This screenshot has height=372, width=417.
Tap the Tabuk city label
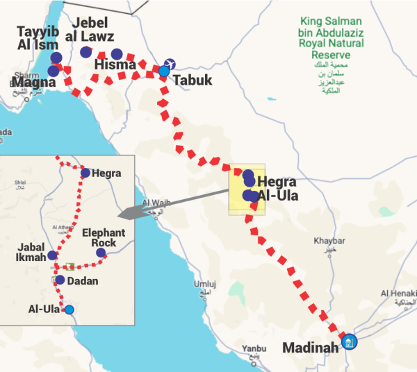coord(192,81)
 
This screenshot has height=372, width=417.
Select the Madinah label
coord(311,346)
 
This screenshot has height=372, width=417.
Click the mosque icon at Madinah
coord(350,342)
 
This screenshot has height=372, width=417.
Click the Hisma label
coord(113,66)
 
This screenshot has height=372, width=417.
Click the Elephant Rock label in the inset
coord(104,238)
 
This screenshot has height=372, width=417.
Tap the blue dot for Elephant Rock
coord(101,253)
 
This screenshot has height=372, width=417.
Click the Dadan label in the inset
coord(83,281)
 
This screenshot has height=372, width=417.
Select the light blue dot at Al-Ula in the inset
coord(69,310)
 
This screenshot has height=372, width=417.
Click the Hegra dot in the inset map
coord(85,173)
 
